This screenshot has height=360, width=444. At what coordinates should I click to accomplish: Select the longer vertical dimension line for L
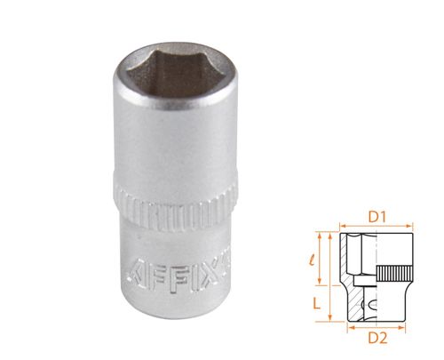[x=330, y=276]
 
